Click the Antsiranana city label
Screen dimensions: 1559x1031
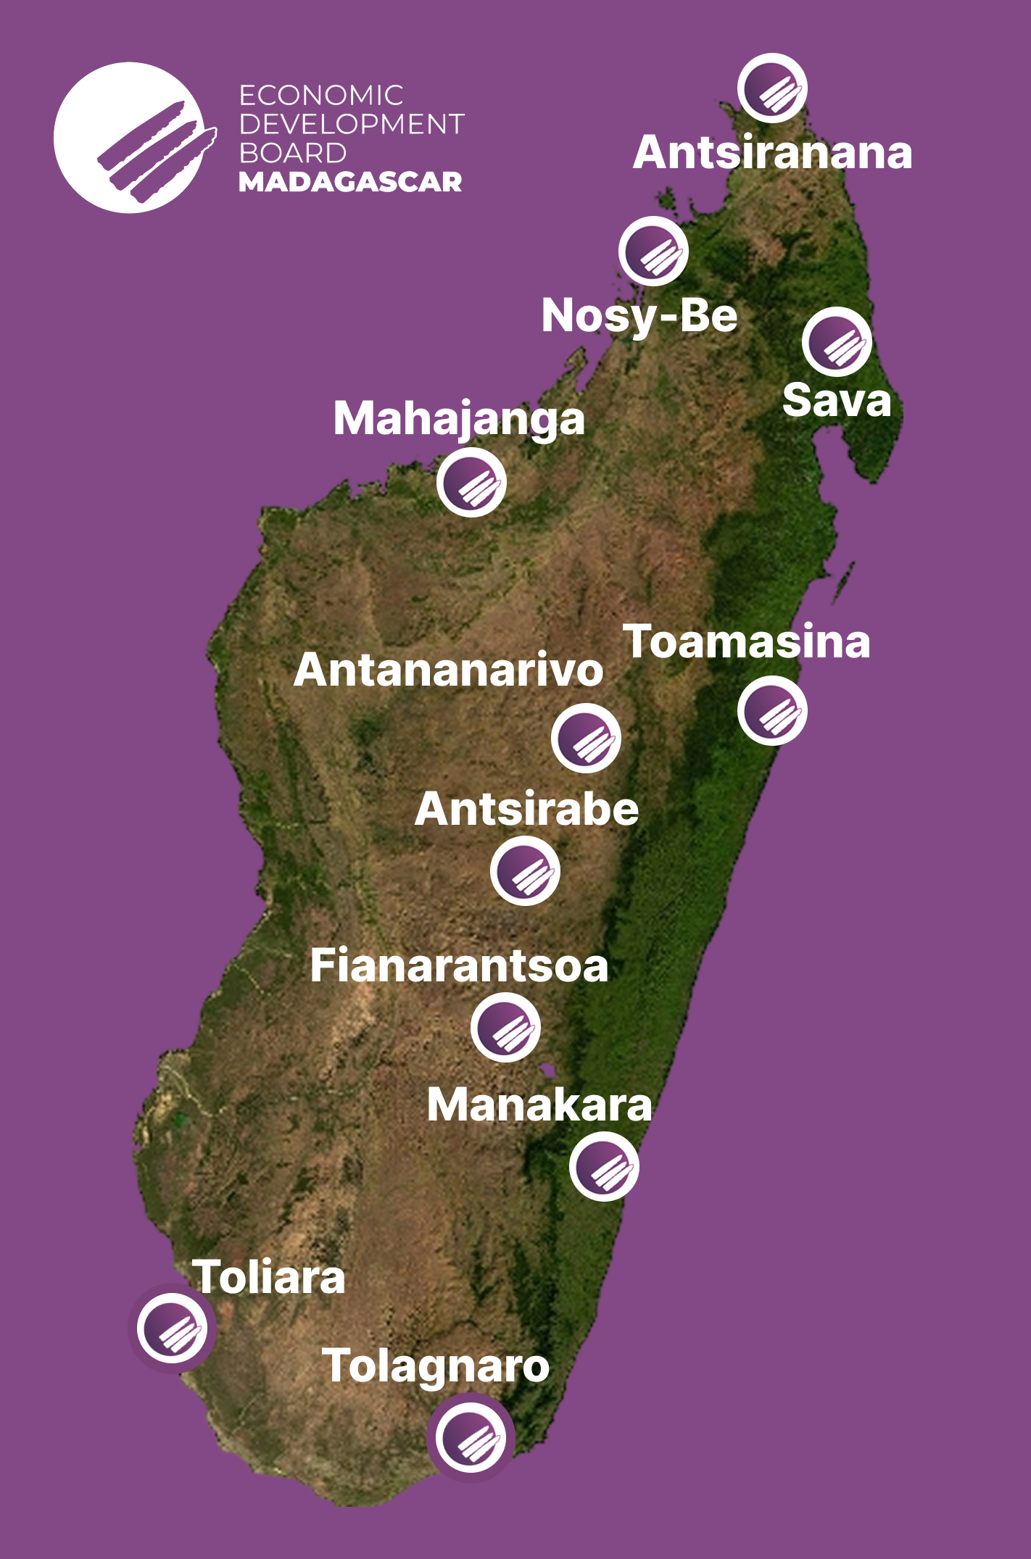tap(772, 153)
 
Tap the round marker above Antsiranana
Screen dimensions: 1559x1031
tap(772, 88)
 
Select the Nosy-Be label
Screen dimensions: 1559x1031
tap(639, 316)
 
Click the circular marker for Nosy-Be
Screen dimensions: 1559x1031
tap(653, 251)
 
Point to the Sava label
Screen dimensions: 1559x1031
tap(837, 401)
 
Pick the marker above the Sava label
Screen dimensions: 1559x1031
tap(837, 342)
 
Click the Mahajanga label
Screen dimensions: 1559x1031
tap(459, 419)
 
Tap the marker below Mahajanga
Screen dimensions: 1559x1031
tap(471, 482)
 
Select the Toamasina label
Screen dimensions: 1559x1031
tap(747, 642)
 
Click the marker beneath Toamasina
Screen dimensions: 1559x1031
tap(772, 711)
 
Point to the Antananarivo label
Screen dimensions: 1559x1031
tap(449, 670)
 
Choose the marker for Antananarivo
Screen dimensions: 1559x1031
tap(586, 738)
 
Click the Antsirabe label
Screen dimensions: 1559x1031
tap(527, 809)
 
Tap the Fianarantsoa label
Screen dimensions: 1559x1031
tap(459, 966)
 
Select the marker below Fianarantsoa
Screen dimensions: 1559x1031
tap(505, 1028)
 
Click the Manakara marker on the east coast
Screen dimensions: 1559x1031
tap(604, 1167)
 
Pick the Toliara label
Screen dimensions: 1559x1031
tap(269, 1277)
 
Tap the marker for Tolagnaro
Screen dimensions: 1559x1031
tap(471, 1437)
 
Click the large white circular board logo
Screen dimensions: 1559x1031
tap(131, 138)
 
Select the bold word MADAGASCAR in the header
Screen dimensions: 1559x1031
tap(350, 182)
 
